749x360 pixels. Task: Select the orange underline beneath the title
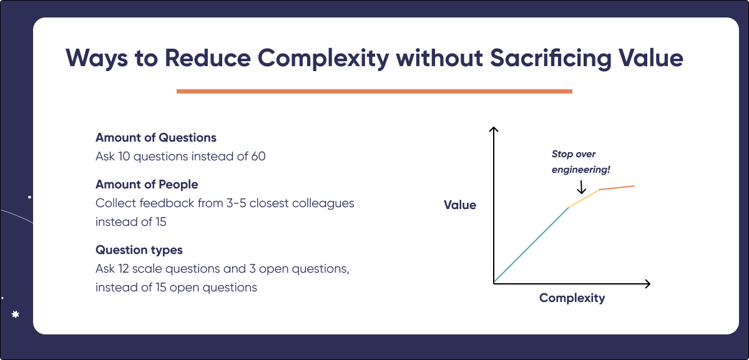tap(374, 91)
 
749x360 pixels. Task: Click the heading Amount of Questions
tap(156, 137)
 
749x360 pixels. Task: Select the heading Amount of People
tap(147, 185)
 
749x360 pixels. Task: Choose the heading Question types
tap(139, 250)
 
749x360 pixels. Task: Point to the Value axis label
tap(460, 205)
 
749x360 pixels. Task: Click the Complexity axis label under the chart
tap(572, 298)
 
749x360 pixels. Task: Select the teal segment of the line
tap(531, 245)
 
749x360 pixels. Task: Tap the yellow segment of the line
tap(584, 198)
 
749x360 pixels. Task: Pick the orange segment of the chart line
tap(617, 187)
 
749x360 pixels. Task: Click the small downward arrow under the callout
tap(581, 187)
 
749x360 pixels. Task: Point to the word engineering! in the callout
tap(580, 169)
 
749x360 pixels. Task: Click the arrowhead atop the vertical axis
tap(494, 130)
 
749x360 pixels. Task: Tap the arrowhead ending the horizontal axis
tap(647, 284)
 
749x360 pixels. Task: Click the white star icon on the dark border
tap(16, 315)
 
